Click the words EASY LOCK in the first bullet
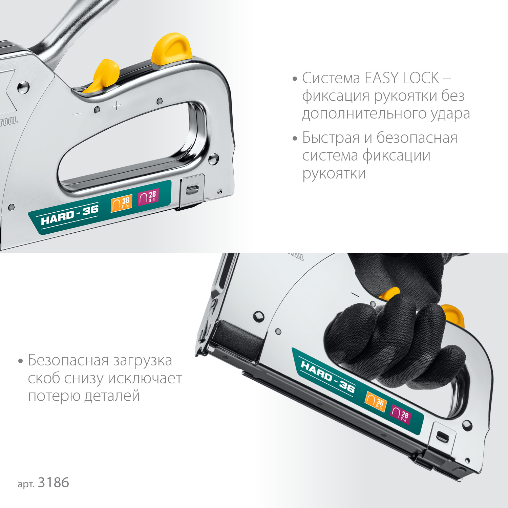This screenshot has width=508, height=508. coord(402,78)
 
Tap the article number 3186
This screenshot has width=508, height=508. coord(54,483)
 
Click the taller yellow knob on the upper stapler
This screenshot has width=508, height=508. coord(171,49)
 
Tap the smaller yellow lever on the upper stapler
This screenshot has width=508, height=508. coord(104,76)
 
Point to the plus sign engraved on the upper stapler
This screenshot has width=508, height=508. coord(117,106)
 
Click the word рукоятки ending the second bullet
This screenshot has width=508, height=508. coord(334,174)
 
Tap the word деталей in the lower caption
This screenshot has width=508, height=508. coord(112,396)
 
